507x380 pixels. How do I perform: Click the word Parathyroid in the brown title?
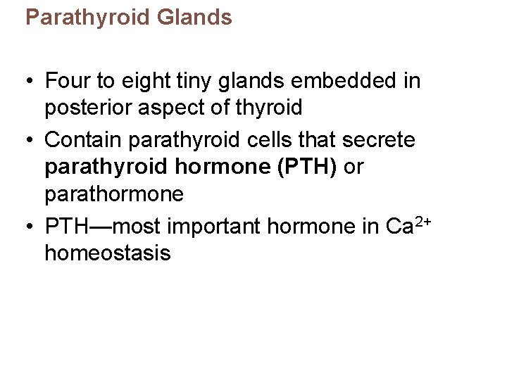click(x=83, y=18)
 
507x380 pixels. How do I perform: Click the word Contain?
click(x=83, y=140)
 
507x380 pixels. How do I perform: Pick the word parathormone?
click(x=113, y=194)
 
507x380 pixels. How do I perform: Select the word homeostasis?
click(x=107, y=253)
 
